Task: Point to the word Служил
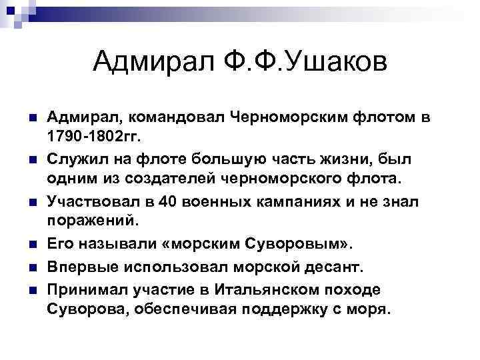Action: pyautogui.click(x=71, y=160)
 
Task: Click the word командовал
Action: pyautogui.click(x=167, y=119)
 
